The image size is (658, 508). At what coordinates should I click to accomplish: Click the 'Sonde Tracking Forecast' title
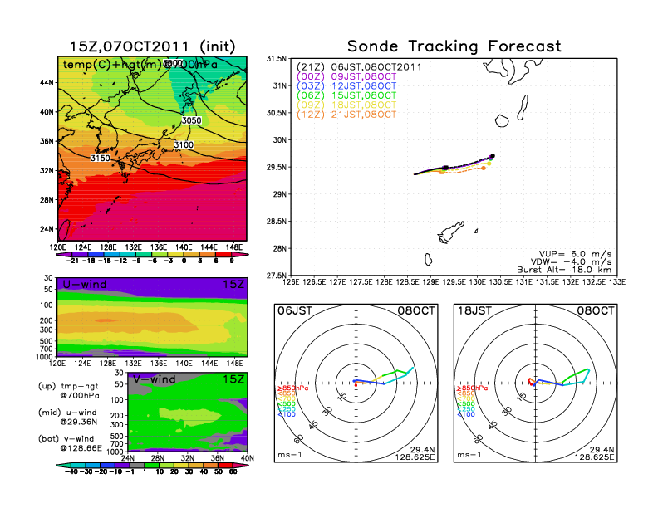454,46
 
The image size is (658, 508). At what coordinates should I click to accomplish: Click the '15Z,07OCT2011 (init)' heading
155,46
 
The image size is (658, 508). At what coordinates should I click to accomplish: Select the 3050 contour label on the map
191,121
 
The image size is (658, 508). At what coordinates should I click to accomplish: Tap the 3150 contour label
101,157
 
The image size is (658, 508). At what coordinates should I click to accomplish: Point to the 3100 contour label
184,145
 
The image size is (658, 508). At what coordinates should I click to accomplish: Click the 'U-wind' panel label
83,285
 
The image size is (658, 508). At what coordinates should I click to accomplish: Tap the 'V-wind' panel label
83,380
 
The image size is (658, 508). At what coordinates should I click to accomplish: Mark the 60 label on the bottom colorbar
233,471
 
